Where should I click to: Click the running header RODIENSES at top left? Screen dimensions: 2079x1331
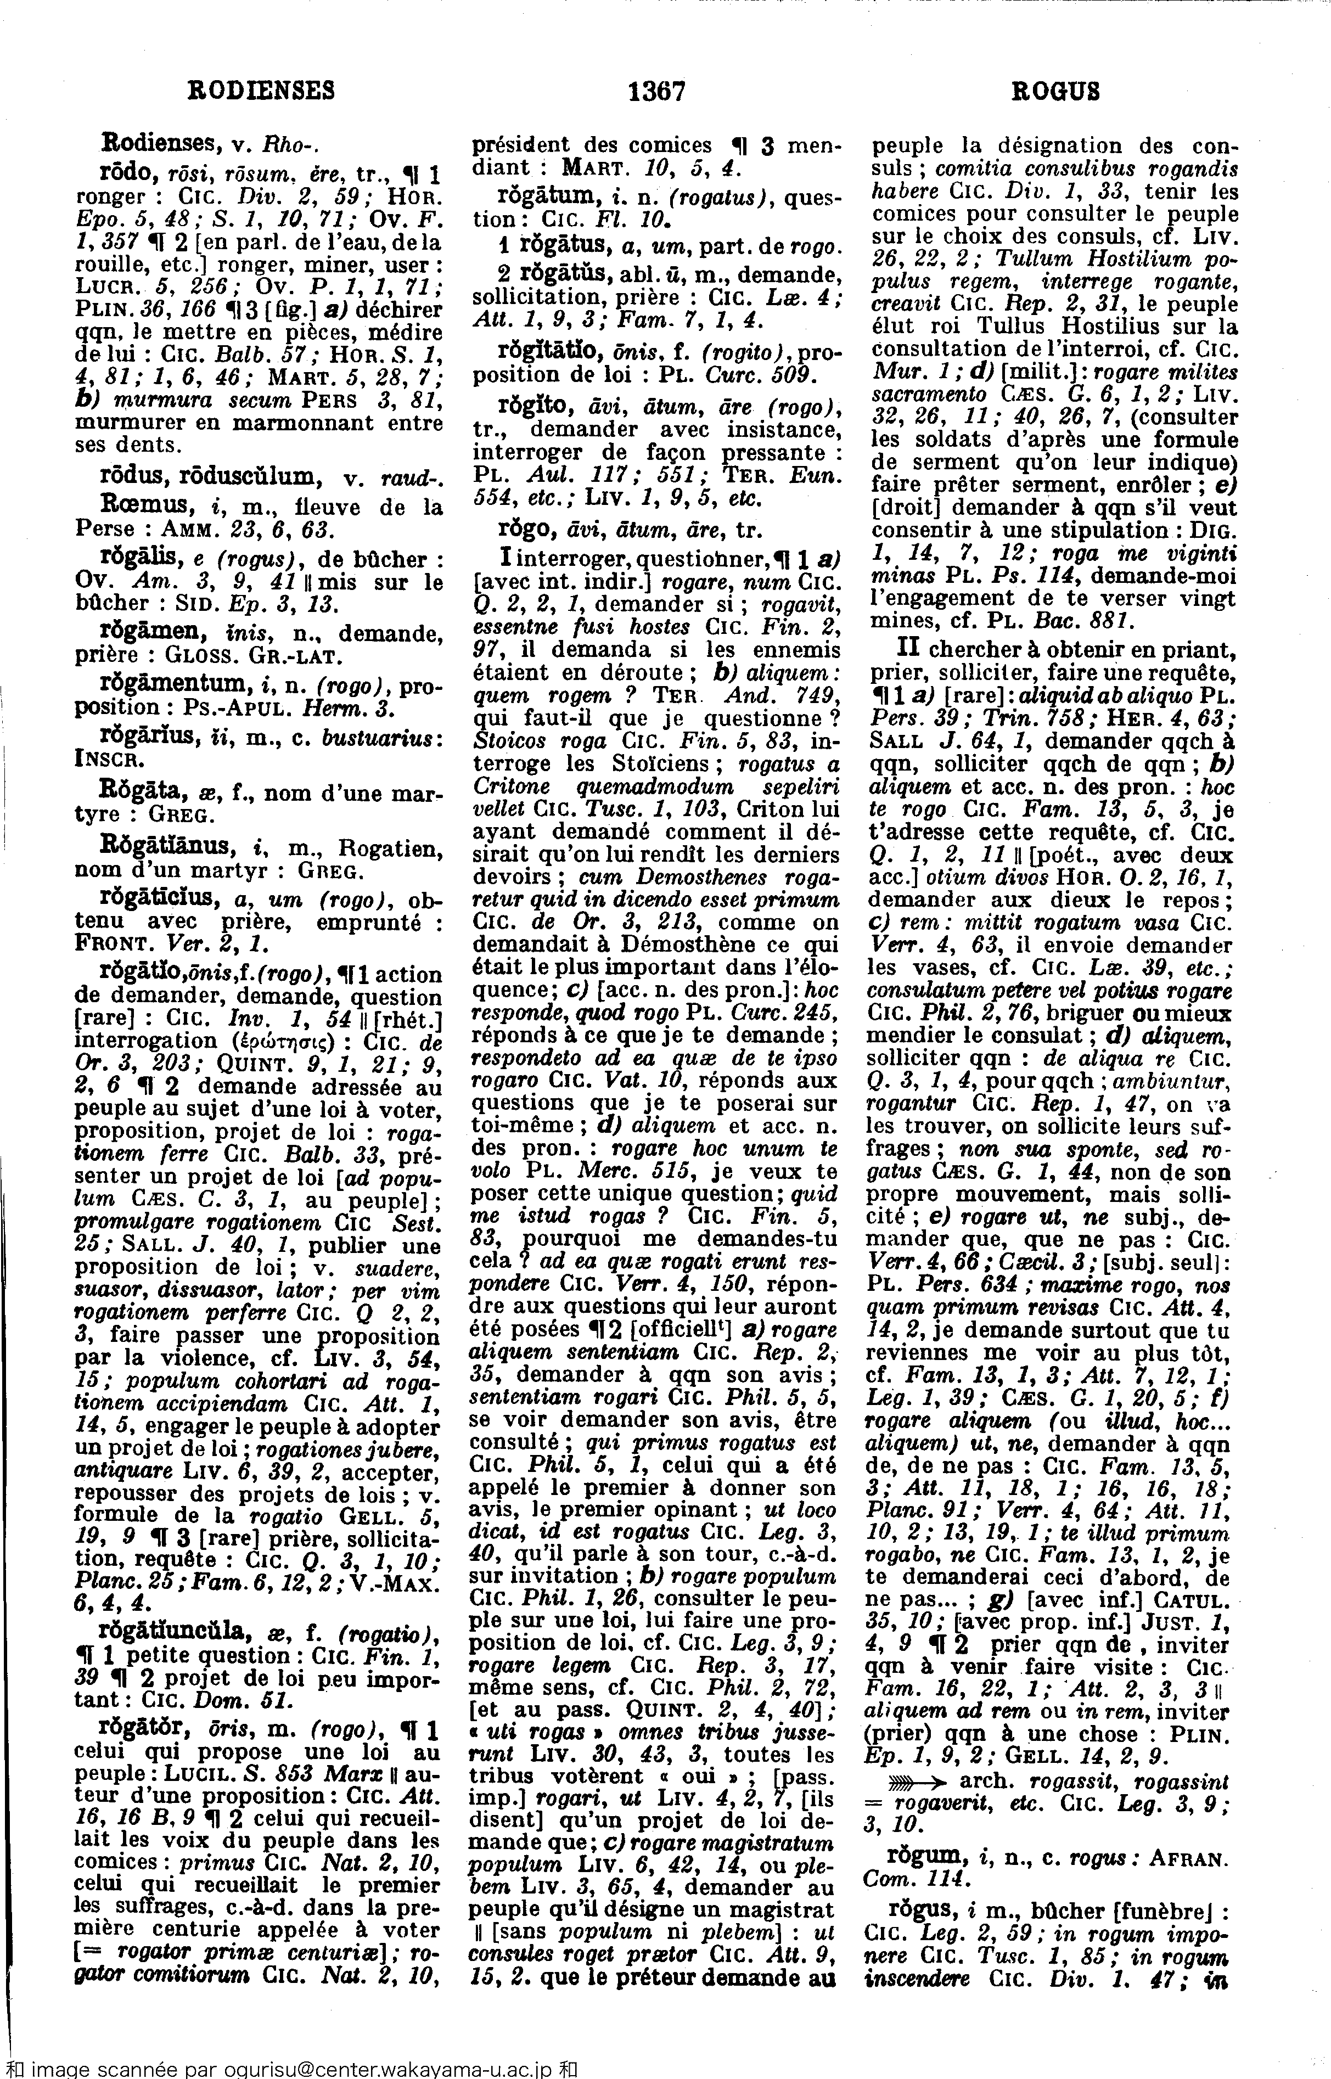261,90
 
